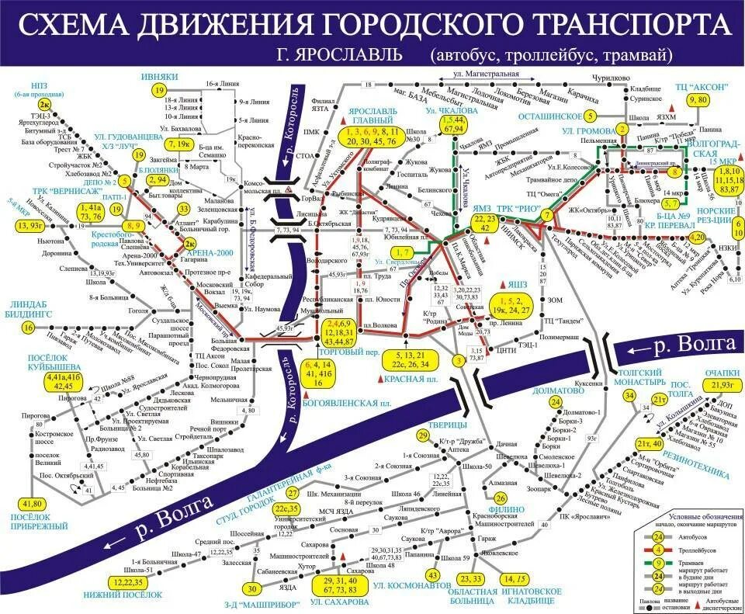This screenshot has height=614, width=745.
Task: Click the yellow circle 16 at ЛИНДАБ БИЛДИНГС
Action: (28, 328)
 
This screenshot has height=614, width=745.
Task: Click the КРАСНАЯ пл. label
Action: (412, 379)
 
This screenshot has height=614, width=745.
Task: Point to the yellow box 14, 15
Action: (518, 578)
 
